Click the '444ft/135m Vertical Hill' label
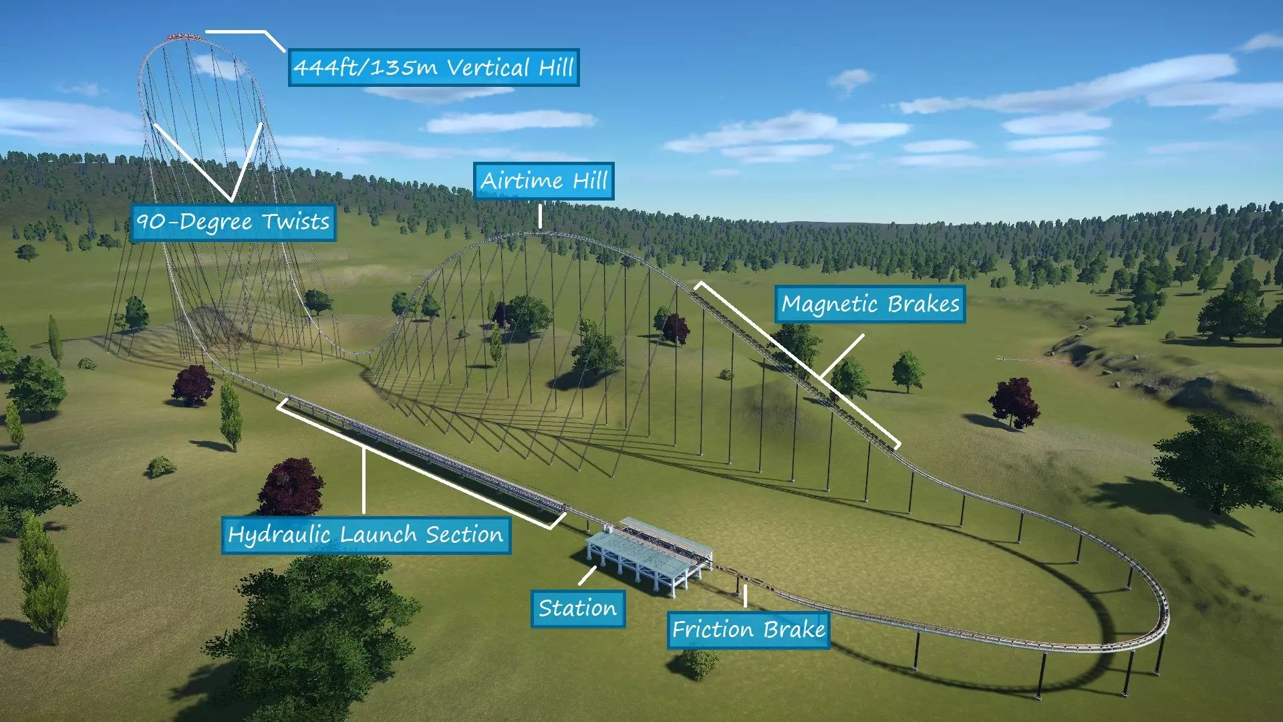click(x=434, y=68)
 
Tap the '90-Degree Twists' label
click(x=233, y=222)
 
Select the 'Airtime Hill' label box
click(x=543, y=181)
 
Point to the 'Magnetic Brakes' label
click(x=870, y=304)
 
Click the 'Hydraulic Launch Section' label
click(x=366, y=535)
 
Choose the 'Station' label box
click(x=577, y=608)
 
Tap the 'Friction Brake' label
click(x=748, y=630)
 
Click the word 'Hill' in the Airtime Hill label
click(x=590, y=181)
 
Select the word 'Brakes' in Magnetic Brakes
click(x=923, y=304)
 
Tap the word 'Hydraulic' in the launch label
click(x=279, y=535)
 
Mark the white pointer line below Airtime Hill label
click(x=540, y=216)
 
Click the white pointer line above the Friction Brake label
click(x=745, y=595)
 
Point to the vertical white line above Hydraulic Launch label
click(x=364, y=481)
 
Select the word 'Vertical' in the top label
click(x=488, y=68)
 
